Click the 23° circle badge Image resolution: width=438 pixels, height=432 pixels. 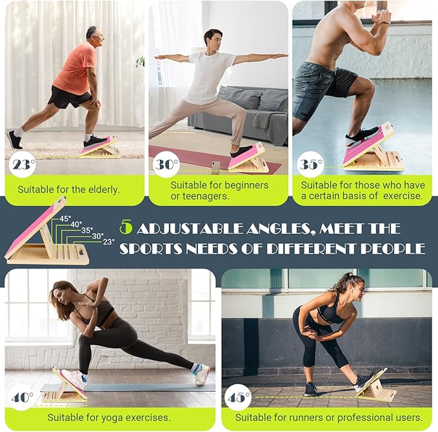pos(22,164)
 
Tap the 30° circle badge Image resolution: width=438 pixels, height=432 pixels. pos(166,164)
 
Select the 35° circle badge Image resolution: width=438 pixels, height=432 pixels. pos(310,164)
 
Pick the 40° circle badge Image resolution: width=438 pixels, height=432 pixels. pos(22,397)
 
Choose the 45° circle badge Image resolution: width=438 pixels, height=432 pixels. pos(238,397)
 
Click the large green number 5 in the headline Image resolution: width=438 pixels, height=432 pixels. pos(126,227)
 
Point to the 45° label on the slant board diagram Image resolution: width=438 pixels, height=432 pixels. pos(65,218)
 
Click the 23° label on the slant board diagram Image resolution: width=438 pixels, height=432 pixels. pos(108,241)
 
